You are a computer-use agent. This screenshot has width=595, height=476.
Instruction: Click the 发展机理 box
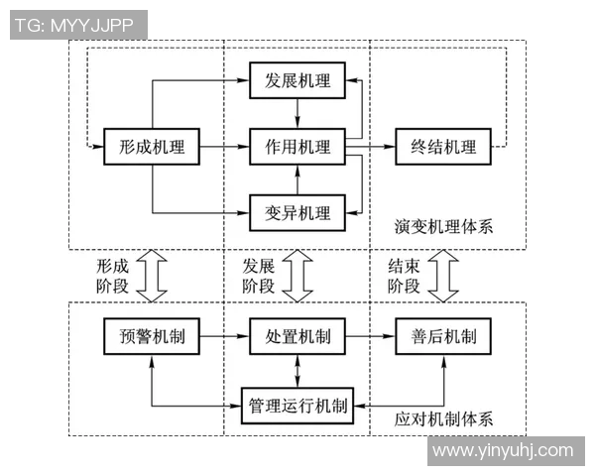pos(297,80)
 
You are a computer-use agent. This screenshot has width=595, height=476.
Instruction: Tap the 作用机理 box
pos(297,148)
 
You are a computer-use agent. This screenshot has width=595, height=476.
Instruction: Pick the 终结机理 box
pos(443,148)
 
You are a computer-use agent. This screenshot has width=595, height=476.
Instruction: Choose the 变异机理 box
pos(297,211)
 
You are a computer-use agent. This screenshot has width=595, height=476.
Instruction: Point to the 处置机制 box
pos(297,337)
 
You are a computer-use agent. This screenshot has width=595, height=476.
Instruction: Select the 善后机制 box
pos(443,337)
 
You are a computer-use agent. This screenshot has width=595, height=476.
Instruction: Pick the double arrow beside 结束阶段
pos(444,275)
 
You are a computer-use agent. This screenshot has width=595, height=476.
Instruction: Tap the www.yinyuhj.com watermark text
pos(503,451)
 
